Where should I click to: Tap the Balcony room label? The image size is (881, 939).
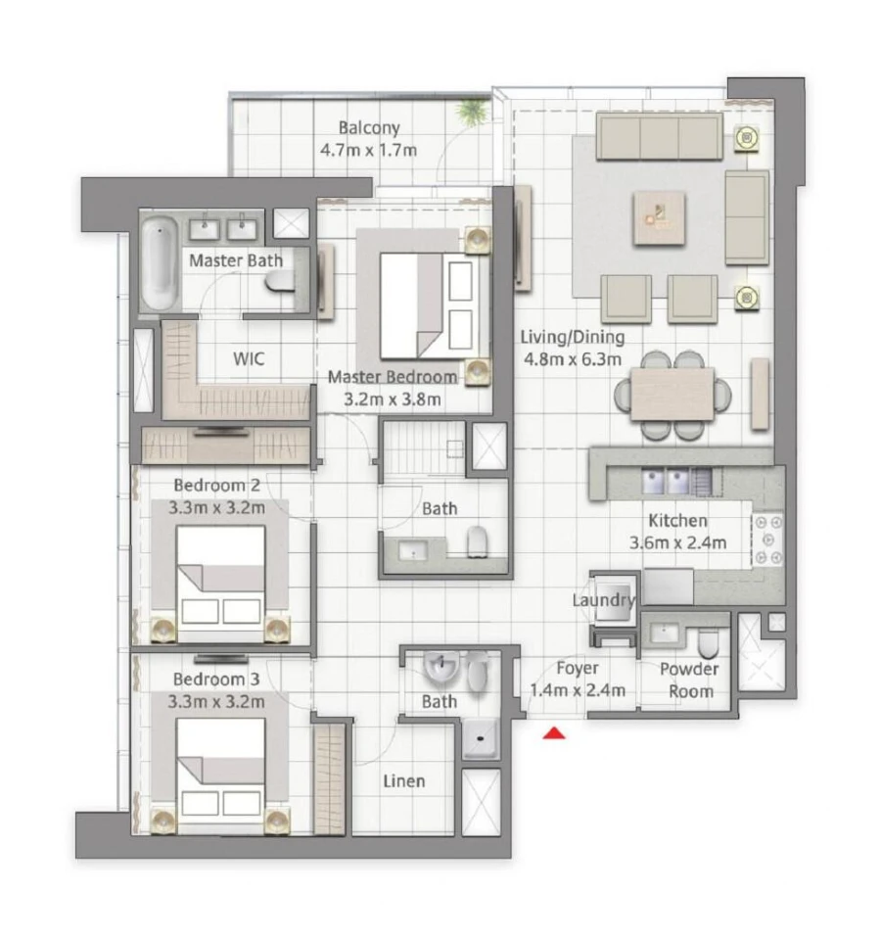(x=369, y=128)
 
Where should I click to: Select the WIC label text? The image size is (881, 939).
(x=248, y=358)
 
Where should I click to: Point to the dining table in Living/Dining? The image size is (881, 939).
(x=672, y=394)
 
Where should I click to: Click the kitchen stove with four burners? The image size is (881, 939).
(x=768, y=540)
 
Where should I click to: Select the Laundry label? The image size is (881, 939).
(x=605, y=600)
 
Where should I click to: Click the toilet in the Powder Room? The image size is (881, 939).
(x=708, y=642)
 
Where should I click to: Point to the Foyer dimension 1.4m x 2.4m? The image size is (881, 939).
(x=578, y=690)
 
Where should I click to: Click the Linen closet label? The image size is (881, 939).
(x=404, y=780)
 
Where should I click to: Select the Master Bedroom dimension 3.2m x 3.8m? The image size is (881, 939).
(x=391, y=399)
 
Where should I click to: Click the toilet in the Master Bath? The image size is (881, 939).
(x=280, y=282)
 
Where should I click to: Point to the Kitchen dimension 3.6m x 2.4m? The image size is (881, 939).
(x=677, y=542)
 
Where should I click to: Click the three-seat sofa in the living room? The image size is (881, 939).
(x=659, y=137)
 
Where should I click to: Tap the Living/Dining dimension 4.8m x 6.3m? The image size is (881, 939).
(x=572, y=358)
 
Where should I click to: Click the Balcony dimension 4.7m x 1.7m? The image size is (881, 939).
(x=369, y=150)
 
